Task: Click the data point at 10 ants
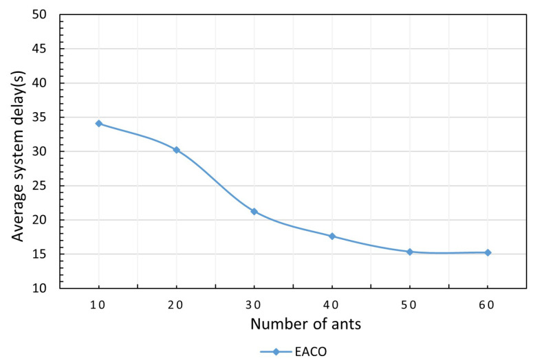click(99, 124)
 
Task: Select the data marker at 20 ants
click(177, 150)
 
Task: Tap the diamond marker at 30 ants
click(254, 211)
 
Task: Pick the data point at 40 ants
click(332, 236)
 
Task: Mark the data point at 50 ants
click(410, 252)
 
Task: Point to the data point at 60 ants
click(488, 252)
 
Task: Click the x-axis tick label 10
click(99, 305)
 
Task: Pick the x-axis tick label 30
click(254, 305)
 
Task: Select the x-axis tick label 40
click(332, 305)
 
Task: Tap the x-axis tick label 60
click(488, 305)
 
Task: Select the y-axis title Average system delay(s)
click(19, 150)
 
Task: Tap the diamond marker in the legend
click(276, 351)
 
